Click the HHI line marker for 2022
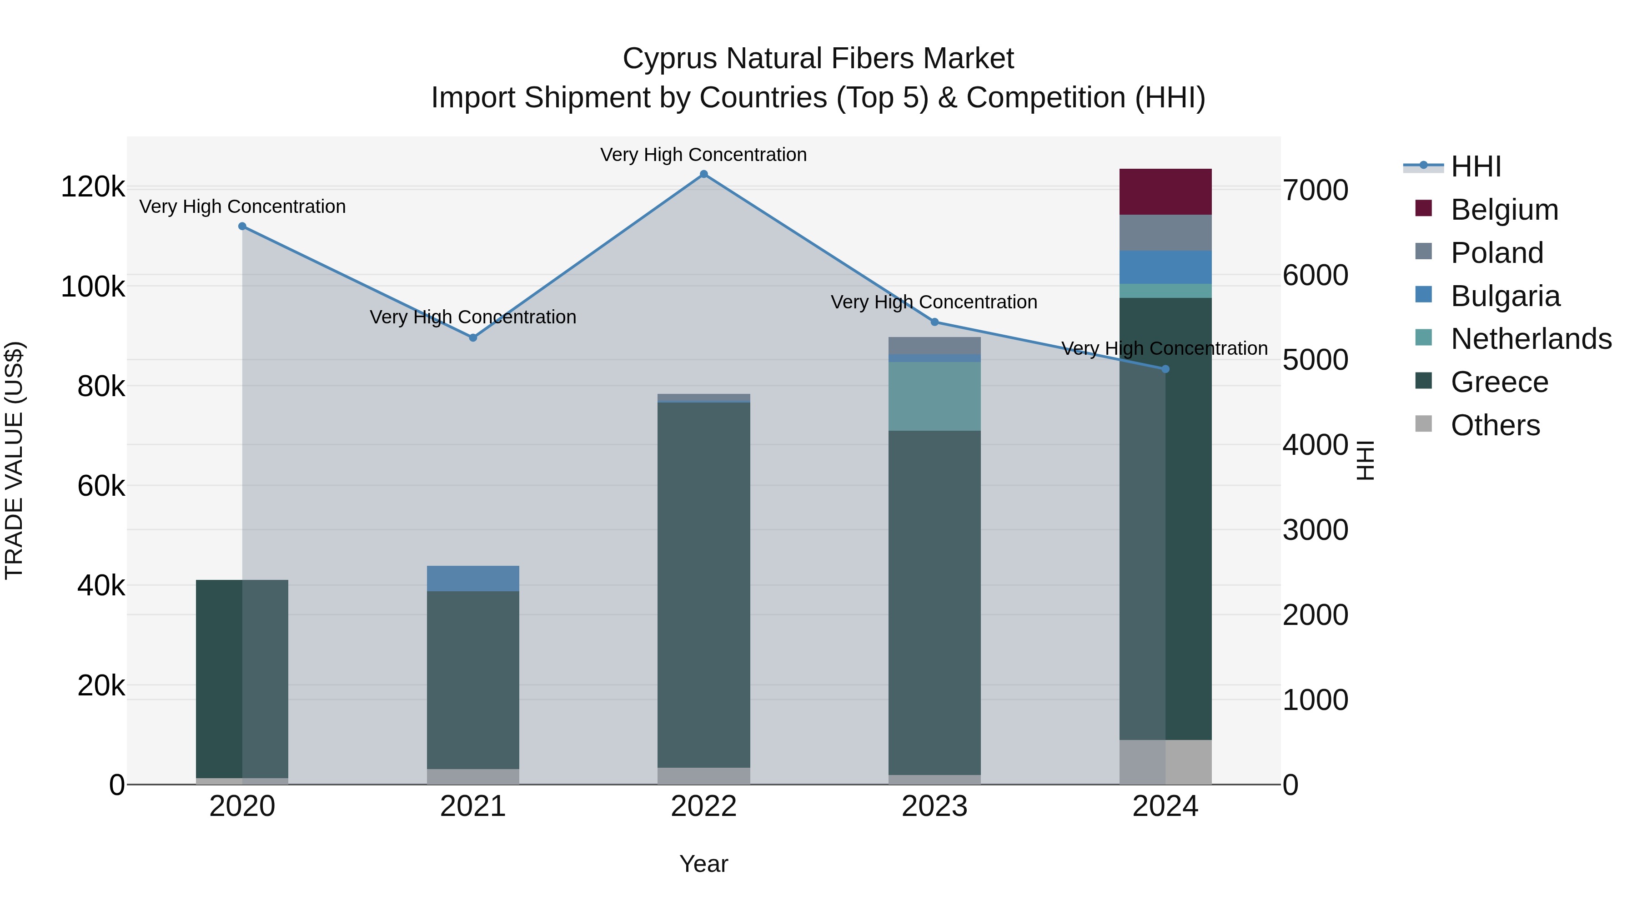(x=703, y=174)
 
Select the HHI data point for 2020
(x=242, y=226)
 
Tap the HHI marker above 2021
(x=473, y=337)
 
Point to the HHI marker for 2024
(x=1165, y=369)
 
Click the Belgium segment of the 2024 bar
(x=1165, y=191)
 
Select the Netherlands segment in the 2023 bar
(x=934, y=396)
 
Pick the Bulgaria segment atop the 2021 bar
(x=473, y=579)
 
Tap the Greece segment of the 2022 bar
(x=703, y=585)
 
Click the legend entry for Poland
(x=1496, y=253)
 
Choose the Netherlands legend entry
(x=1530, y=339)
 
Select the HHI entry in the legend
(x=1476, y=166)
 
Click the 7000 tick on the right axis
(x=1315, y=190)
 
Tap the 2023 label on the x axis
(x=934, y=806)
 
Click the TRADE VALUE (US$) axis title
(x=14, y=460)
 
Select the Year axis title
(x=703, y=864)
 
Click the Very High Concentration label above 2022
(x=703, y=155)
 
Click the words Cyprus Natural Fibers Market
(x=818, y=59)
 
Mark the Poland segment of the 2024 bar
(x=1165, y=232)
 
